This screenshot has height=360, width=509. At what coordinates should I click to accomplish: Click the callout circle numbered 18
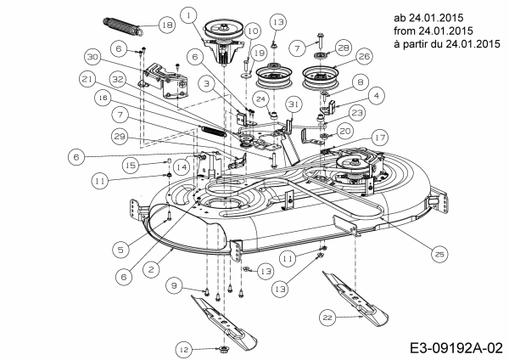point(167,26)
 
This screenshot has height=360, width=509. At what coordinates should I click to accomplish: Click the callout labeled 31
point(294,103)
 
